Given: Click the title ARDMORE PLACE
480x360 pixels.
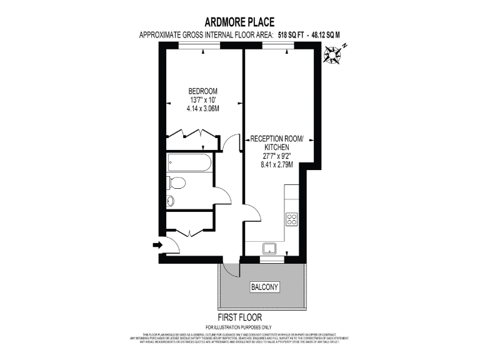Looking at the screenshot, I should (240, 23).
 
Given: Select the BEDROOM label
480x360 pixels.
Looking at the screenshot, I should (204, 91).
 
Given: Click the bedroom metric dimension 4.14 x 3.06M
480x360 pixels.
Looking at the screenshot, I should (203, 109).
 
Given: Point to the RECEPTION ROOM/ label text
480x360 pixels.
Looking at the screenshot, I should (276, 139).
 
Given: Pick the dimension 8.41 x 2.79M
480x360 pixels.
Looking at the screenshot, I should (276, 166).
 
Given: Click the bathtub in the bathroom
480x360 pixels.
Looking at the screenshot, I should (190, 164).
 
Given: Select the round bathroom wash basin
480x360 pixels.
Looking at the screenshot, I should (171, 201).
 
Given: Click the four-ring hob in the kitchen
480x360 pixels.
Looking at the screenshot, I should (291, 219).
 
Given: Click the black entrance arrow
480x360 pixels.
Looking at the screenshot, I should (156, 245).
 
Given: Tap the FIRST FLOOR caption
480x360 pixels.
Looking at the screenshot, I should (239, 317).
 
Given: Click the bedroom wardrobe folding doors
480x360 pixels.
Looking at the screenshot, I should (191, 134).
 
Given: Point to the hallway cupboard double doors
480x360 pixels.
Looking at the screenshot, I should (189, 231).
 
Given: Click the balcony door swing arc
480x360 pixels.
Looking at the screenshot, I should (232, 269).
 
